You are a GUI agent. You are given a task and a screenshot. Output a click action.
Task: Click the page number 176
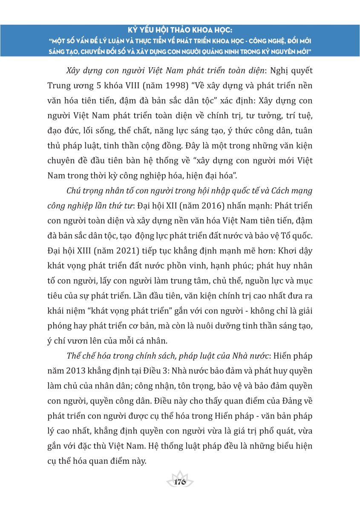pos(180,482)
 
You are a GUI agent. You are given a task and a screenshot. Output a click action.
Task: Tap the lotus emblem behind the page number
pos(180,476)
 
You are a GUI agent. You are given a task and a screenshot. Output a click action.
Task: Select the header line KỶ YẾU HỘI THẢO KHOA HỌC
pos(180,31)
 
